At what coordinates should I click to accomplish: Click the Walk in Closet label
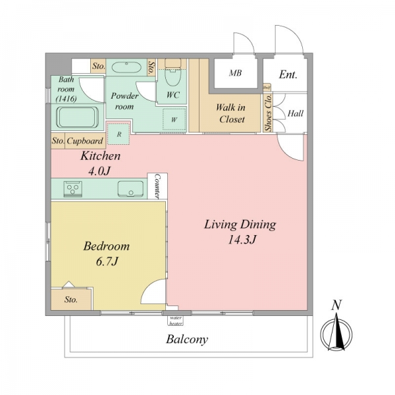(x=230, y=113)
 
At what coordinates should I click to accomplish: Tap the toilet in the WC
(x=172, y=72)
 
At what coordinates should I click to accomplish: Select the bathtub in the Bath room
(x=78, y=117)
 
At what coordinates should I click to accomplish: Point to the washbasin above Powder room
(x=126, y=67)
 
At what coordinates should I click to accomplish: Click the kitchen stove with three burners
(x=72, y=189)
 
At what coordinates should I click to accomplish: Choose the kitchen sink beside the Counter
(x=130, y=189)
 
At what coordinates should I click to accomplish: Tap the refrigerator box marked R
(x=119, y=134)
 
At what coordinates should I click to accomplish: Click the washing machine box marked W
(x=174, y=119)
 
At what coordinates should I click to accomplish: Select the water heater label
(x=176, y=321)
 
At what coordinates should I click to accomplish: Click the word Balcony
(x=187, y=339)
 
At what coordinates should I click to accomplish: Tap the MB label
(x=235, y=73)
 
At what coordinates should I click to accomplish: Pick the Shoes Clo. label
(x=269, y=113)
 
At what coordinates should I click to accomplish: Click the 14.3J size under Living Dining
(x=242, y=240)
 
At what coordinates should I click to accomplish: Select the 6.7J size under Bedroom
(x=107, y=261)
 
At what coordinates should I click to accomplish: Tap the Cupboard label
(x=85, y=141)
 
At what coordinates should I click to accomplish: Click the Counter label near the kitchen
(x=157, y=186)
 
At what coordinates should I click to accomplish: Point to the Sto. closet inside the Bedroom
(x=71, y=300)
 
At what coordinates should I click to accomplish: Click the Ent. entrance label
(x=288, y=74)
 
